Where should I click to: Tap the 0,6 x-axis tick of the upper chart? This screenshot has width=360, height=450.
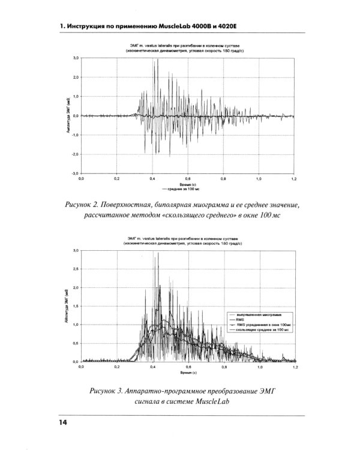188,179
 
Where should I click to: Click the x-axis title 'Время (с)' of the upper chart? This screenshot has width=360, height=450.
188,184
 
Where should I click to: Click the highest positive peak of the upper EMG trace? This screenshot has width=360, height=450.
157,60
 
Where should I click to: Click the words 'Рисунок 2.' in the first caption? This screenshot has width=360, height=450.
88,206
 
